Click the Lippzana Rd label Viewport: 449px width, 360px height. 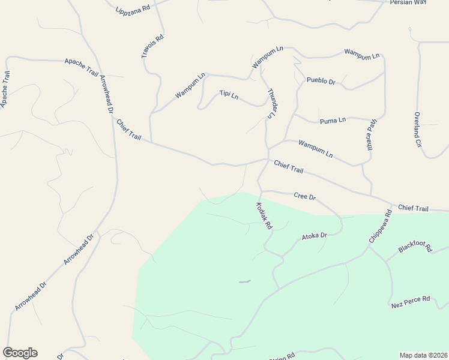coord(132,8)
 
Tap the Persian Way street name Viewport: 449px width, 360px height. coord(408,2)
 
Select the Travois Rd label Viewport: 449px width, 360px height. coord(152,47)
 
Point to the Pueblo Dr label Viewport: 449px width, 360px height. coord(321,80)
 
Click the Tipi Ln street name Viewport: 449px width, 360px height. coord(229,95)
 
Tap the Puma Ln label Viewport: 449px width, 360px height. coord(333,121)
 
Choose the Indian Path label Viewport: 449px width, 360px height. coord(370,136)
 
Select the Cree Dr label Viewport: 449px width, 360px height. coord(304,196)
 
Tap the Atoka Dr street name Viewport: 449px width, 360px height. coord(314,236)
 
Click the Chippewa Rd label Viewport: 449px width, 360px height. coord(380,226)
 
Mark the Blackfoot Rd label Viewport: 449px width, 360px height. coord(415,248)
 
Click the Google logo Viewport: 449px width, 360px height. coord(20,353)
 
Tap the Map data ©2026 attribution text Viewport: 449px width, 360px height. coord(424,355)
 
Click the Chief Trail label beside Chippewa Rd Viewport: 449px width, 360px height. coord(413,208)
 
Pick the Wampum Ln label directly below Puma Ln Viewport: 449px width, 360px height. coord(315,149)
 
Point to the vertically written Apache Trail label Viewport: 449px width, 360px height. coord(5,89)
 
